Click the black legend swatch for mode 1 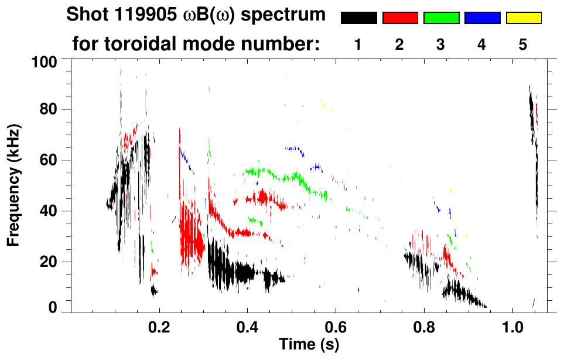tap(358, 18)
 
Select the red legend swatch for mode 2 tap(400, 18)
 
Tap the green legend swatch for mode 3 tap(441, 18)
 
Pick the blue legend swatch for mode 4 tap(482, 18)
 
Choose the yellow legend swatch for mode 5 tap(524, 18)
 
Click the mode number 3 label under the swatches tap(440, 44)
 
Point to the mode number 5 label tap(523, 44)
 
